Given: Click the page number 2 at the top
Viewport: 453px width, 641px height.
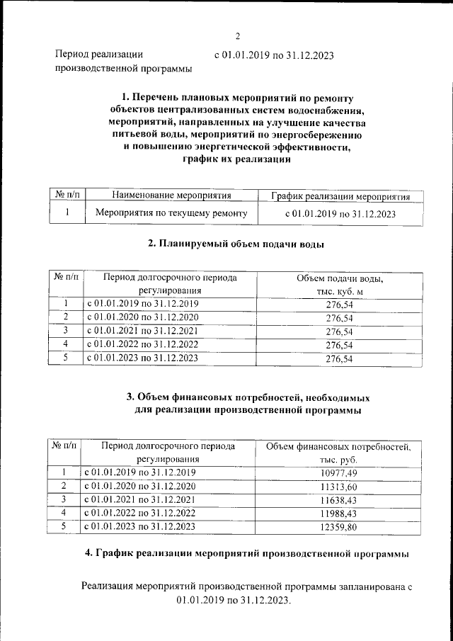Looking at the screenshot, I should (x=238, y=37).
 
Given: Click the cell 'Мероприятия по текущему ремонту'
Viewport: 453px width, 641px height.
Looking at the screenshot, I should (x=171, y=212).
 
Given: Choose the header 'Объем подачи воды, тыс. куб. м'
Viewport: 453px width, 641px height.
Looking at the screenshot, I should (x=339, y=285).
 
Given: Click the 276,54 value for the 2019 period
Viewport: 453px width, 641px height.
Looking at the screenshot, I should (x=339, y=304).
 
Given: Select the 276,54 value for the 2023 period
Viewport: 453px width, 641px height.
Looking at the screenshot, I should (x=339, y=359).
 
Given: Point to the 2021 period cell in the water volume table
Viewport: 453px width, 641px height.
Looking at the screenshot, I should (x=142, y=331).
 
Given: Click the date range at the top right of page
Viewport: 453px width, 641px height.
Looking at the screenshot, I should (x=273, y=55).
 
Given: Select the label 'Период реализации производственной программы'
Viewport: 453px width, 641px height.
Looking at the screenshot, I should (x=123, y=62).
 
